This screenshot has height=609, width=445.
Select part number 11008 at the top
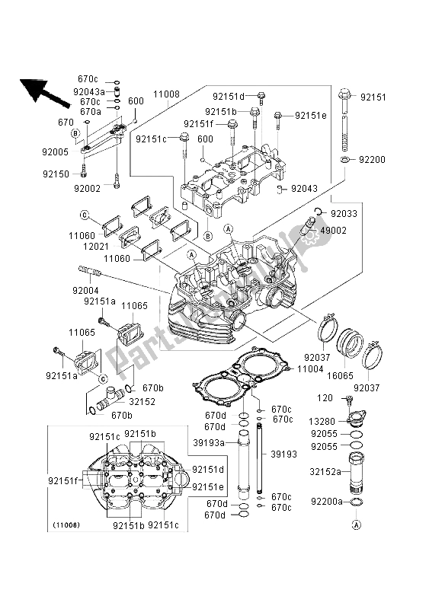pos(166,94)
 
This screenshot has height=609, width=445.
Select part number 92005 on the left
pos(55,151)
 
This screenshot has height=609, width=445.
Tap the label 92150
pos(55,174)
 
